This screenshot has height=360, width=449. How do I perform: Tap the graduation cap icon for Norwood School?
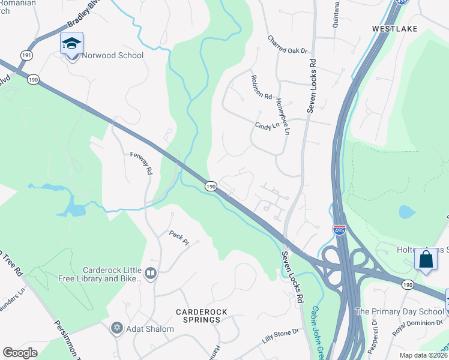coord(71,43)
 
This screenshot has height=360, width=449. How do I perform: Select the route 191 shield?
coord(26,54)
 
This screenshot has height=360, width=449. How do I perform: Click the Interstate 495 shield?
coord(339,230)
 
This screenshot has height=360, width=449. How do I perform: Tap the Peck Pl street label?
coord(179,238)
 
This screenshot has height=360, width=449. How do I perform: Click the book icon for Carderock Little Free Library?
coord(151,274)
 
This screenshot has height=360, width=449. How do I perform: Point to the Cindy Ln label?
coord(268,127)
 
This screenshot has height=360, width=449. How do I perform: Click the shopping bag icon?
coord(426,259)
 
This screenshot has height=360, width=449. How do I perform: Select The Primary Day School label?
coord(399,311)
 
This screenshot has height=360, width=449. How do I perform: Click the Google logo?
coord(20,353)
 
